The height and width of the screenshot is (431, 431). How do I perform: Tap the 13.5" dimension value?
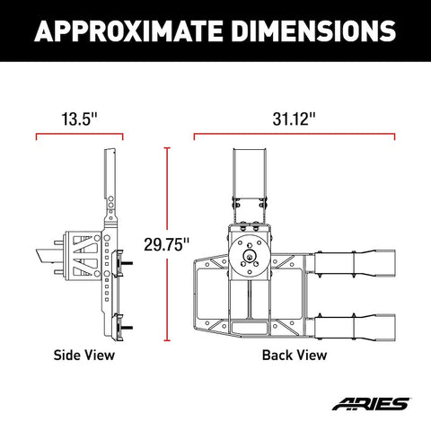[79, 117]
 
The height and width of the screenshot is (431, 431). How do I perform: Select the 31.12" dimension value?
[295, 117]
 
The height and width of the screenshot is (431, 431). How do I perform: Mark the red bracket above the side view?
[79, 136]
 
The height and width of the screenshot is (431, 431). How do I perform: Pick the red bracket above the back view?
[295, 136]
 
